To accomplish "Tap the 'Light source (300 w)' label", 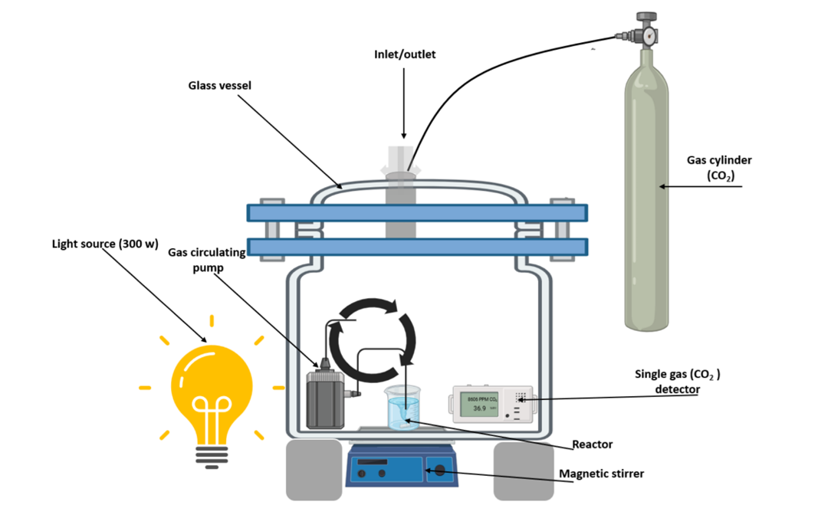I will tap(104, 244).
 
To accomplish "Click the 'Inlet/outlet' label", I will tap(404, 54).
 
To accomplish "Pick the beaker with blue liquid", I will tap(403, 409).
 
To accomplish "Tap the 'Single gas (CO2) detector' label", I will tap(678, 382).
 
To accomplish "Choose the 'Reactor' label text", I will tap(592, 444).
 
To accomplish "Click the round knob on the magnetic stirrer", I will tap(440, 470).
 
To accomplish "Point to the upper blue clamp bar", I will tap(417, 212).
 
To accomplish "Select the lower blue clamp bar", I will tap(417, 247).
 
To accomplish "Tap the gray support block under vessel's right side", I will tap(523, 470).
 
